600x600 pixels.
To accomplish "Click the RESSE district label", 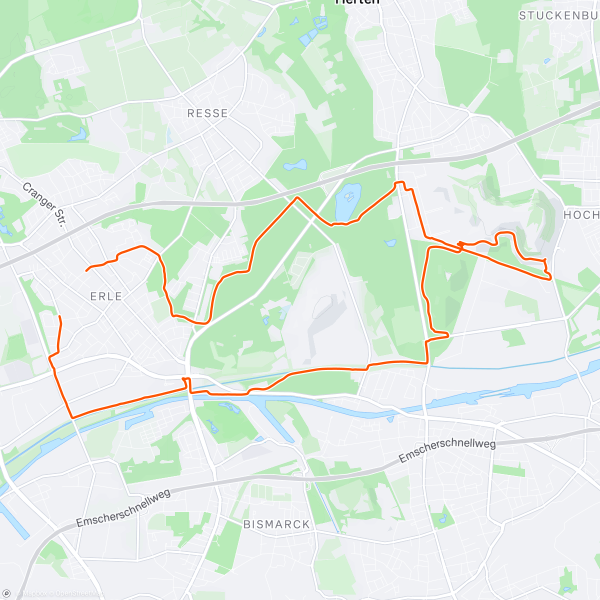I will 207,113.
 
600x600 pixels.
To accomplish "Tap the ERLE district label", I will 106,296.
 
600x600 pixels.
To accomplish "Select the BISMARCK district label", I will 276,524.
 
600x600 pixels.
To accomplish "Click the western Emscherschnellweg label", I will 123,508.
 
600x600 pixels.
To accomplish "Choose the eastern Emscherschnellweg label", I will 447,451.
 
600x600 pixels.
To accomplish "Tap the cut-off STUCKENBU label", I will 558,16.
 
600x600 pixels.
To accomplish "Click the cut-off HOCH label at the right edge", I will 581,215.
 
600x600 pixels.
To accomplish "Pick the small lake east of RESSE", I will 295,164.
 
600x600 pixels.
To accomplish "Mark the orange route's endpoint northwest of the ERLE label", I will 86,270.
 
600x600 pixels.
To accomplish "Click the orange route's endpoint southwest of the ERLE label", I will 59,316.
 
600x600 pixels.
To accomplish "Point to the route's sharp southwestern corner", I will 72,417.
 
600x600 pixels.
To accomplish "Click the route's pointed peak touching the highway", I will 297,197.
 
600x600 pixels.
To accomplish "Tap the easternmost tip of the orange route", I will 550,278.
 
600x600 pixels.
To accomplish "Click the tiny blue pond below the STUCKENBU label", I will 547,61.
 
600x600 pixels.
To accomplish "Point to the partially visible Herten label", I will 357,2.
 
